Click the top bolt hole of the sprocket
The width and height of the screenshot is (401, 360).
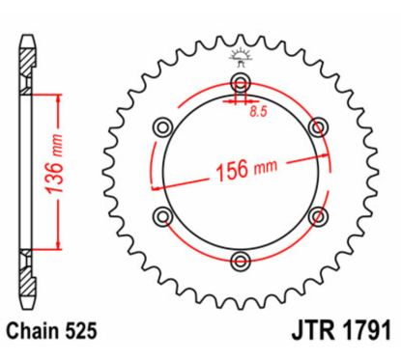pos(240,81)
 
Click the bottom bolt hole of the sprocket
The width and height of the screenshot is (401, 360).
pos(240,259)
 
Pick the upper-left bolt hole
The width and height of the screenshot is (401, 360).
pos(162,125)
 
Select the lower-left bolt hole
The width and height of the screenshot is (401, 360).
pos(162,214)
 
